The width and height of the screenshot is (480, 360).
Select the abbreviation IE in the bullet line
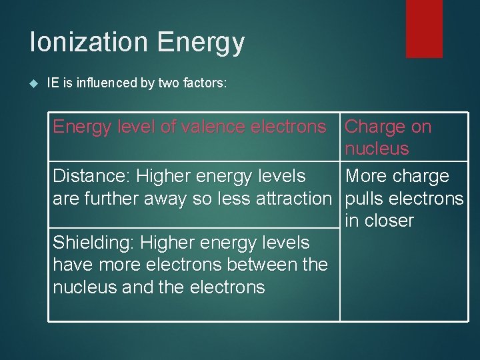coord(53,83)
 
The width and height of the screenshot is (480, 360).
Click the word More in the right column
coord(367,176)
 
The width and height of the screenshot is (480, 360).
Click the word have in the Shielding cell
coord(73,265)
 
